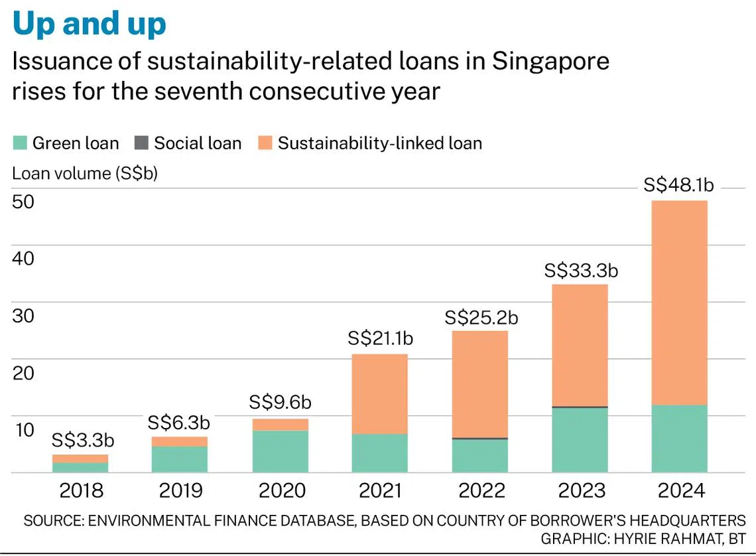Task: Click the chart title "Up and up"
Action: coord(90,24)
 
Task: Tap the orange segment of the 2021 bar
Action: coord(379,394)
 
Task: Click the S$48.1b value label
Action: coord(679,186)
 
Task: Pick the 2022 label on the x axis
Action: coord(481,490)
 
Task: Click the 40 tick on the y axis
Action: coord(24,258)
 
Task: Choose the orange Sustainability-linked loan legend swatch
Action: coord(264,143)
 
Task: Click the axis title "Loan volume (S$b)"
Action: coord(85,174)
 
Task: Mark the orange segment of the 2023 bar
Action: coord(580,345)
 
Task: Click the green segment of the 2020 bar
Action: coord(281,451)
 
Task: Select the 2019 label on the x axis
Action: coord(181,490)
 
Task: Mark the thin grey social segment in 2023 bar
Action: coord(580,407)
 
